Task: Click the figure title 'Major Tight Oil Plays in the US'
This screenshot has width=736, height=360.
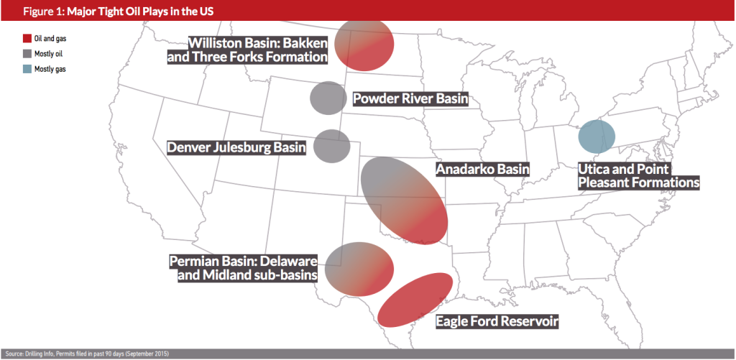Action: click(x=140, y=11)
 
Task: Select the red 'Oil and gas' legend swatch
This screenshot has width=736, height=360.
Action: click(x=27, y=39)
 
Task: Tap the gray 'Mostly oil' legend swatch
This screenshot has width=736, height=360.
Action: click(x=27, y=53)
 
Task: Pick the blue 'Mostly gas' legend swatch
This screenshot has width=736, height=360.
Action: click(x=27, y=69)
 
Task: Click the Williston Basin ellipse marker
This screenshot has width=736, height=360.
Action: click(x=364, y=45)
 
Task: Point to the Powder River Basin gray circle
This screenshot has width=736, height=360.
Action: click(x=328, y=98)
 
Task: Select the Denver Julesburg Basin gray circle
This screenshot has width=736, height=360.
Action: click(x=331, y=146)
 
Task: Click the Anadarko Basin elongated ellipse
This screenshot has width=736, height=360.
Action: click(x=403, y=200)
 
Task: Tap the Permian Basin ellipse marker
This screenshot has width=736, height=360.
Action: click(x=359, y=269)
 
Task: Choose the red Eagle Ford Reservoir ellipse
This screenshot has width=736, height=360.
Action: click(x=415, y=300)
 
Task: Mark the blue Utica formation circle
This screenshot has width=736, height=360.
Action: click(x=596, y=137)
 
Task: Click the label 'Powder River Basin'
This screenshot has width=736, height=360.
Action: click(x=410, y=99)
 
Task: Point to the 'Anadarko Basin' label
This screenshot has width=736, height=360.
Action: click(x=482, y=170)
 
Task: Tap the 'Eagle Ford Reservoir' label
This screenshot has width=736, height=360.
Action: click(x=497, y=322)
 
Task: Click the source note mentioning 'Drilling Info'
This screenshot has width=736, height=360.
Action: click(x=87, y=354)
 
